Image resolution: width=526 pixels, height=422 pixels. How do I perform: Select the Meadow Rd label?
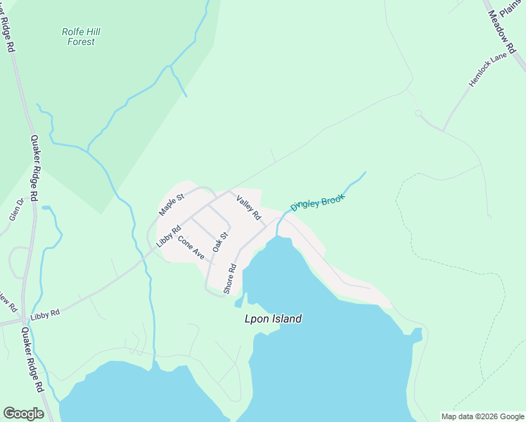click(501, 20)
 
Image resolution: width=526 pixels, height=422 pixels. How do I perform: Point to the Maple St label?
click(171, 204)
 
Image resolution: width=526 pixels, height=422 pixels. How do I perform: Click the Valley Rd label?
click(248, 206)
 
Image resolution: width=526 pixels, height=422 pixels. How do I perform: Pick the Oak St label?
click(221, 242)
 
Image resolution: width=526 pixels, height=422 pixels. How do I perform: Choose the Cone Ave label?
click(191, 248)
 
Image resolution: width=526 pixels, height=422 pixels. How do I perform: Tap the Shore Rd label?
click(229, 279)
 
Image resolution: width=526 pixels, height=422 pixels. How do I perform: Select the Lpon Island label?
click(273, 319)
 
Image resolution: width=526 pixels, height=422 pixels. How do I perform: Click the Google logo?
click(23, 414)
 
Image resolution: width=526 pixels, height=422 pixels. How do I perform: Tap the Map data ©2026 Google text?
click(482, 416)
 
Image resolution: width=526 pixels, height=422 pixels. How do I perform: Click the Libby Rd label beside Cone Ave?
click(169, 235)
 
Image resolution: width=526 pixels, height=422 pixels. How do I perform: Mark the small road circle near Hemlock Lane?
click(418, 113)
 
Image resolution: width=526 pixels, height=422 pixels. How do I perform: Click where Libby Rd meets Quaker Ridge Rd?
click(23, 321)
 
